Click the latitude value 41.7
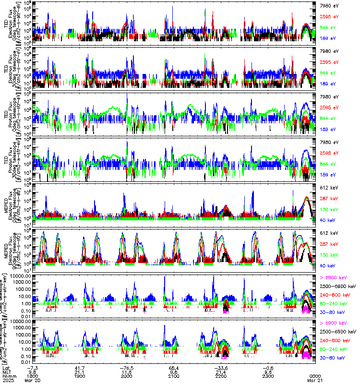coord(80,367)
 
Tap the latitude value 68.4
coord(174,367)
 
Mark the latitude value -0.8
coord(267,367)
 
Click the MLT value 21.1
coord(80,371)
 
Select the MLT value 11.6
coord(127,371)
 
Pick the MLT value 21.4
coord(220,371)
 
